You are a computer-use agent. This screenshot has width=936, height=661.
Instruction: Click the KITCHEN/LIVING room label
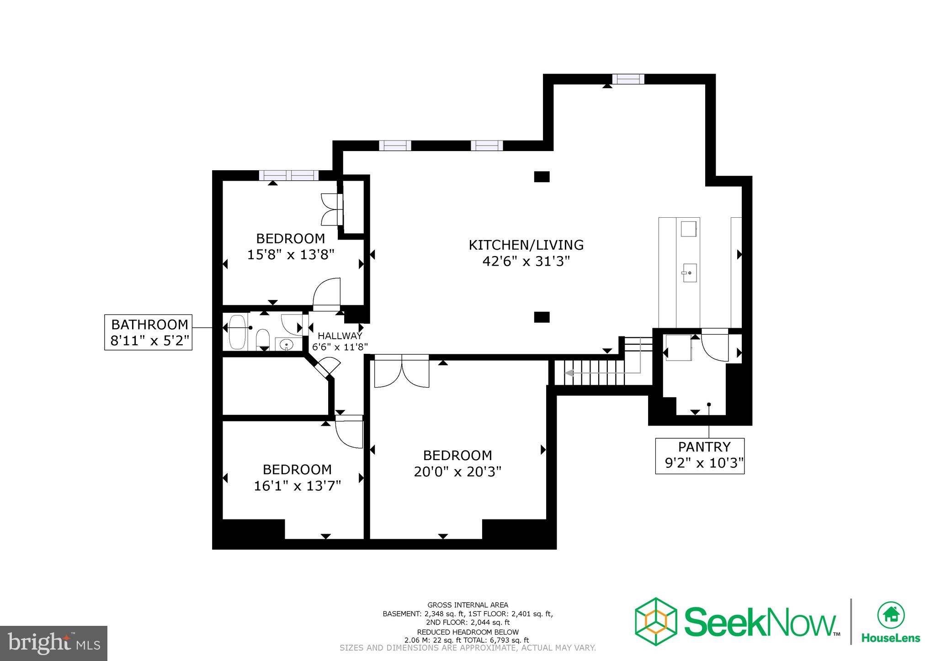click(526, 245)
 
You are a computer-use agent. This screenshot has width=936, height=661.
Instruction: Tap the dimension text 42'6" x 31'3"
click(526, 262)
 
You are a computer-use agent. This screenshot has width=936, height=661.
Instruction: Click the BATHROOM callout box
click(149, 332)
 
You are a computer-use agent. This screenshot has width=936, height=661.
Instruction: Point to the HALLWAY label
click(340, 336)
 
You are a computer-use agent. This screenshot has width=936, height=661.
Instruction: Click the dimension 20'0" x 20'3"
click(457, 472)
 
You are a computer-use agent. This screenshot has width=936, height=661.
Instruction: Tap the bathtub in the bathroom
click(237, 332)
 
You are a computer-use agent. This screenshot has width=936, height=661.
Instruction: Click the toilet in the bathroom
click(262, 340)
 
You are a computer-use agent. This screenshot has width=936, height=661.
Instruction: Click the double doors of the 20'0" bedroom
click(401, 372)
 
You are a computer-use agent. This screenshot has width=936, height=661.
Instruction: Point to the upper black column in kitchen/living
click(542, 177)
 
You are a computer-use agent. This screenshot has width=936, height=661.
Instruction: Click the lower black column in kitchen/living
click(542, 317)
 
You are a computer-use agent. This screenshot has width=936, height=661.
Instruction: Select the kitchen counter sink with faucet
click(689, 273)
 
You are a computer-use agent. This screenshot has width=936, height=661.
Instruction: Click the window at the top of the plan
click(628, 79)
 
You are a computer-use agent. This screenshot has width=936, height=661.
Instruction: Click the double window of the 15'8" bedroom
click(288, 175)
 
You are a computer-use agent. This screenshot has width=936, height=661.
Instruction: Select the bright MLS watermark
click(53, 643)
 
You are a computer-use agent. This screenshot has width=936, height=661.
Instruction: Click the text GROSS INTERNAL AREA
click(468, 605)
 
